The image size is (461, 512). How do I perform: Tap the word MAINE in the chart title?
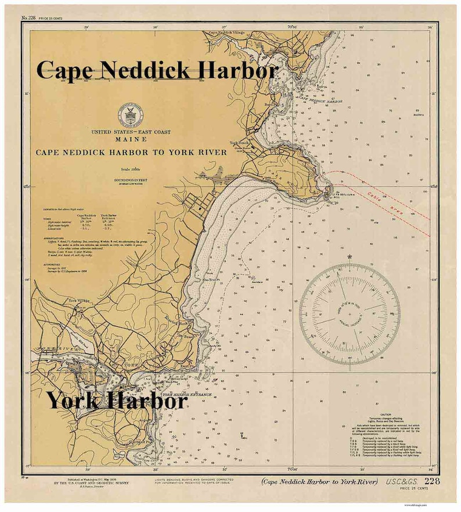click(x=130, y=140)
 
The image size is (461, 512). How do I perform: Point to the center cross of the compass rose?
click(x=350, y=314)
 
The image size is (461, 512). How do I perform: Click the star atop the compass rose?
click(x=350, y=257)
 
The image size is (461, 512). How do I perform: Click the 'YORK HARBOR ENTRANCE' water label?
click(x=186, y=395)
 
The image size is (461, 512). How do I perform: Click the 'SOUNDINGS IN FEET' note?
click(x=130, y=181)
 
